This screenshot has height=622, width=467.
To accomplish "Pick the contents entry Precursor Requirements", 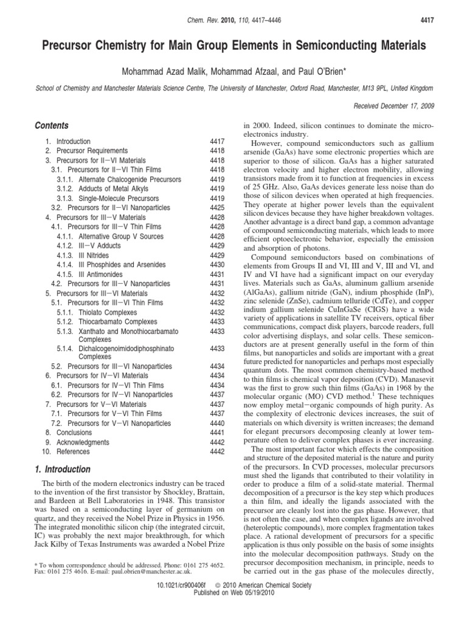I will pyautogui.click(x=92, y=150).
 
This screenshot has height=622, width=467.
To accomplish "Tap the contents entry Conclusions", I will pyautogui.click(x=78, y=432).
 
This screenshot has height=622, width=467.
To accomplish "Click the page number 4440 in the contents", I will pyautogui.click(x=217, y=423).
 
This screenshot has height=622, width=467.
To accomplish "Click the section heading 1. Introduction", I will pyautogui.click(x=63, y=470).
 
